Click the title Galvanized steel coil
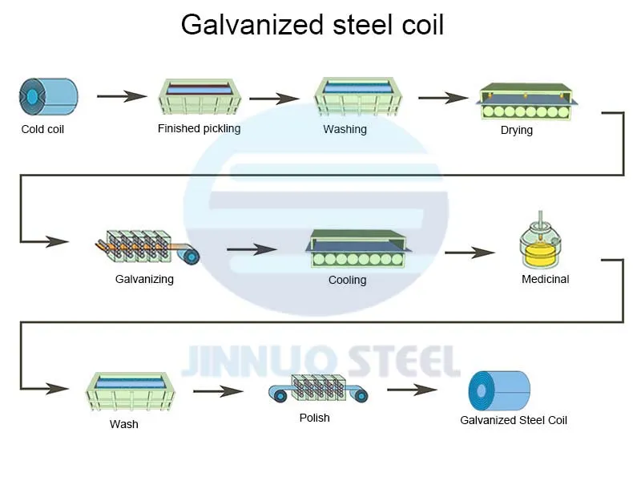(312, 25)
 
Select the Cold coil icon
(47, 95)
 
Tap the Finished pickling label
(199, 128)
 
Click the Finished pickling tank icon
(199, 98)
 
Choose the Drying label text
(516, 130)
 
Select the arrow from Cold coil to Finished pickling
(122, 96)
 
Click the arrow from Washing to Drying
(442, 98)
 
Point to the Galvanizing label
(144, 279)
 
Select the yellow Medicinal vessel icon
(545, 241)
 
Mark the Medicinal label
(545, 279)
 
